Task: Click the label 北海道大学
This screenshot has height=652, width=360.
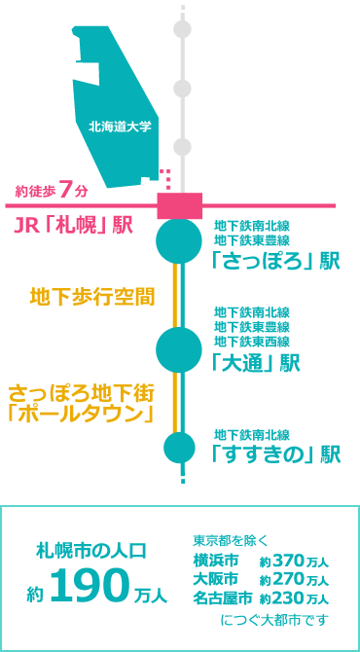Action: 120,127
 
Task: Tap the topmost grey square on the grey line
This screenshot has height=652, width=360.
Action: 182,29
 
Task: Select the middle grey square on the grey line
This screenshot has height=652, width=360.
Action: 182,89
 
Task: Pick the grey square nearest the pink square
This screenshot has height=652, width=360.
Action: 182,147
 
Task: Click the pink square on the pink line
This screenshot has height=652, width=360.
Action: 180,205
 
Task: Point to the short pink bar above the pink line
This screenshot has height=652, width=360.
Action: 51,189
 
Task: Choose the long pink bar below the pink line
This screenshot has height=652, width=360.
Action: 73,225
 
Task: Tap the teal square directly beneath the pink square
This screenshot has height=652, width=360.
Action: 179,243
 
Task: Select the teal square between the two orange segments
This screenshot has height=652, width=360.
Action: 179,349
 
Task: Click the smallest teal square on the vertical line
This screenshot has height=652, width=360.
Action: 179,448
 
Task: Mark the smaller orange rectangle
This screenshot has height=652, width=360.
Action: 91,297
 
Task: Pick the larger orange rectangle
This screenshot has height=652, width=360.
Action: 82,403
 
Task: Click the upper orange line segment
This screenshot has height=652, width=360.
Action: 175,295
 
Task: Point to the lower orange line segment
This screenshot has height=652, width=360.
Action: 175,402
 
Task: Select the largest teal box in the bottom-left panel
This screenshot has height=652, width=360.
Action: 90,584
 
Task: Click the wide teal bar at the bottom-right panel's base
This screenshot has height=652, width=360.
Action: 274,620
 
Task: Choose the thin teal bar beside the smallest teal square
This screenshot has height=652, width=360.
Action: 251,435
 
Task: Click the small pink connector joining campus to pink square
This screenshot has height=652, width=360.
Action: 166,179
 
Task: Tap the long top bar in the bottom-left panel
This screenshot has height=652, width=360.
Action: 90,550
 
